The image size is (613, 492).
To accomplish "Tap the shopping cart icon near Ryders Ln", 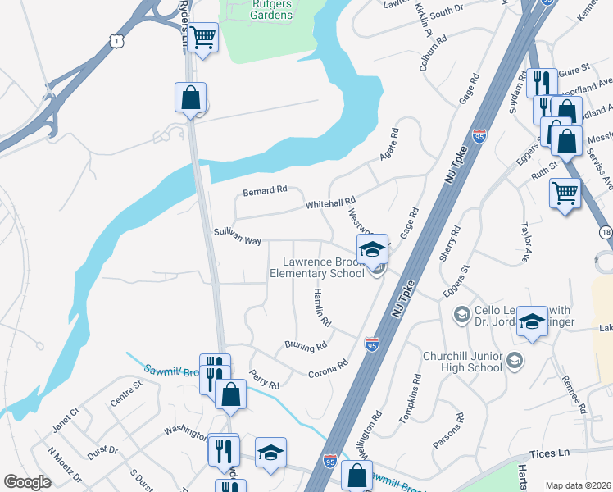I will coord(202,36).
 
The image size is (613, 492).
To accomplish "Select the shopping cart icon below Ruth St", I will coord(565,194).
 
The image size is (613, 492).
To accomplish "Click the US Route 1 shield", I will coord(120,39).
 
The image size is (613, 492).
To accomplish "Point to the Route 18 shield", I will coord(604,232).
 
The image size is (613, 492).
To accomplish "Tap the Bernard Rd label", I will coord(265,190).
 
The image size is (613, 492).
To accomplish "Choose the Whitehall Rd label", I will coord(330,202).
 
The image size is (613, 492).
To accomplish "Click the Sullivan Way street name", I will coord(237,238).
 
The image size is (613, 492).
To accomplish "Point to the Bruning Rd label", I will coord(306,346).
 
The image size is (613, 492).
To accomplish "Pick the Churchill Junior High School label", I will coord(462,362).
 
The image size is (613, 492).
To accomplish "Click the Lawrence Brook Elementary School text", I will coord(317,267).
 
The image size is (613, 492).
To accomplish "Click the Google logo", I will coord(27,482).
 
